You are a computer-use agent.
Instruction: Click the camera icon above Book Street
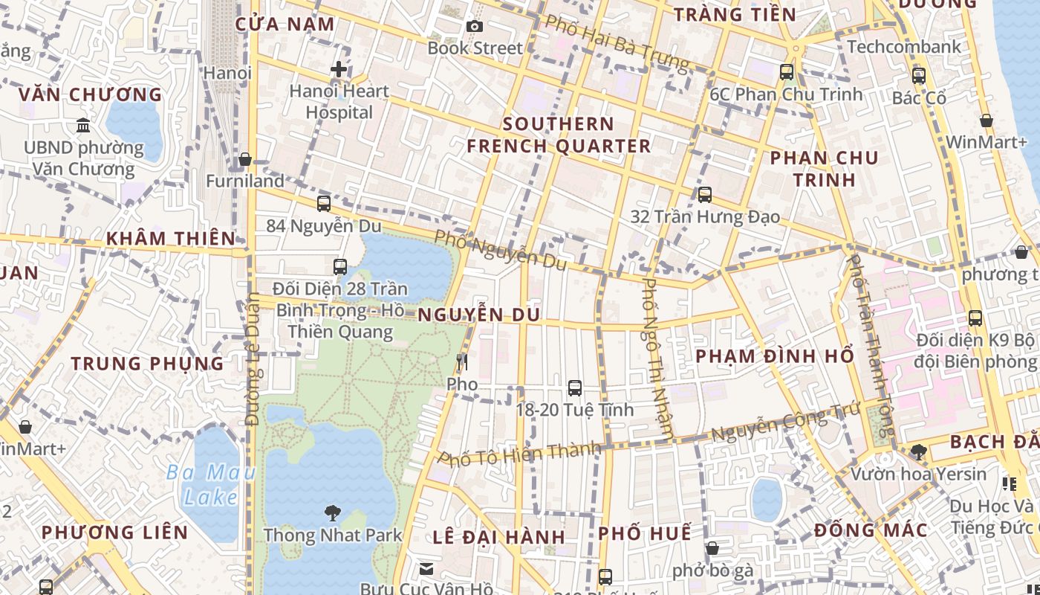click(x=475, y=27)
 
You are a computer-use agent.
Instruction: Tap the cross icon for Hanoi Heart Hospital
click(x=339, y=70)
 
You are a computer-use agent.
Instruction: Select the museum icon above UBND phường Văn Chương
click(x=83, y=125)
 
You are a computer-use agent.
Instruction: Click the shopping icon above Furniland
click(x=244, y=159)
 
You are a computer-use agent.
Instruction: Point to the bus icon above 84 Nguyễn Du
click(x=323, y=203)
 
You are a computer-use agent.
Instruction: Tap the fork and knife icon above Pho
click(x=462, y=362)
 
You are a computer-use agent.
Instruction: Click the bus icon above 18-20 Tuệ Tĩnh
click(x=574, y=387)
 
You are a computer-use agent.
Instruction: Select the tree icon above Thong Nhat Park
click(x=332, y=512)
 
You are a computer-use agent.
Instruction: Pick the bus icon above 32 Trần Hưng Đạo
click(x=704, y=195)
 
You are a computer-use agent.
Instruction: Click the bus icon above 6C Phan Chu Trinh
click(x=786, y=72)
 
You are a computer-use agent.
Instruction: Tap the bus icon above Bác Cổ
click(x=918, y=76)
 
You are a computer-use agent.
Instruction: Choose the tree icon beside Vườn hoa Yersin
click(x=918, y=451)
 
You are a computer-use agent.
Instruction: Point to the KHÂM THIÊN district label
click(x=170, y=239)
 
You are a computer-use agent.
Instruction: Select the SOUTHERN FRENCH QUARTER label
click(x=559, y=135)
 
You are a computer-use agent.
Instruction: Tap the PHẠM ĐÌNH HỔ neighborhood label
click(x=775, y=356)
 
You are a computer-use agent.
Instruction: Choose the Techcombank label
click(x=904, y=47)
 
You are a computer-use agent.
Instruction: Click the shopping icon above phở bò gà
click(x=712, y=549)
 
